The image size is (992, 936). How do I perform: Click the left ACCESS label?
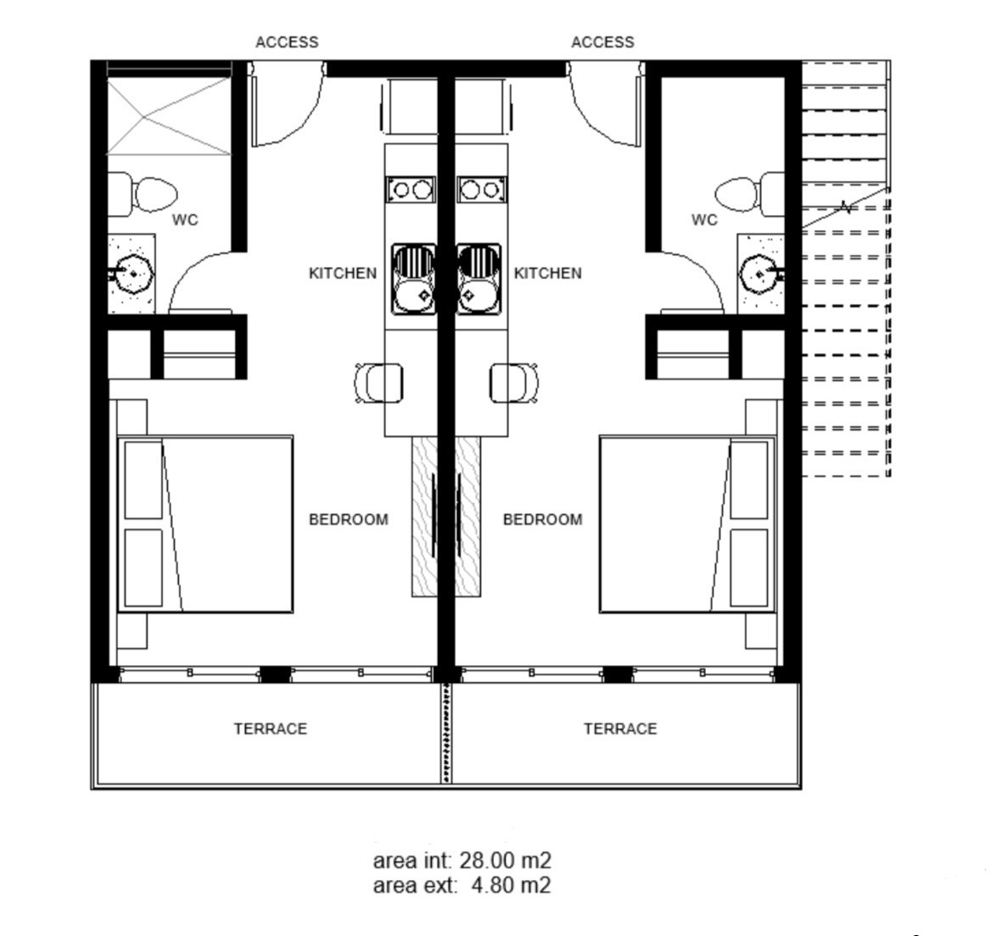(287, 42)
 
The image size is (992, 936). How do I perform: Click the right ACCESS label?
(602, 42)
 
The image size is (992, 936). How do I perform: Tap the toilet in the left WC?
(143, 194)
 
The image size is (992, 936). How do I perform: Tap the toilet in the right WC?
(749, 194)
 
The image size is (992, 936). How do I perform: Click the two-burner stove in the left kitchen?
(412, 189)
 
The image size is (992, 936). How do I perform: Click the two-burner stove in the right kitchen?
(481, 189)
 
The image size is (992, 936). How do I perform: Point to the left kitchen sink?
(414, 279)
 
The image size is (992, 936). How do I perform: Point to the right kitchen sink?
(479, 279)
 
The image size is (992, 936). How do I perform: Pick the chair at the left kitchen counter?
(379, 383)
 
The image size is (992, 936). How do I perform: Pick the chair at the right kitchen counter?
(514, 383)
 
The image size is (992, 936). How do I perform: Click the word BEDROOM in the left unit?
(349, 519)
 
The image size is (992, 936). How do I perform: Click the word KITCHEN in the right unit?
(548, 273)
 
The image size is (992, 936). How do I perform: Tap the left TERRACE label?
(270, 728)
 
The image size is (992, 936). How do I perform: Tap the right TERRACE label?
(620, 728)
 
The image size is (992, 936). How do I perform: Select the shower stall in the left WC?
(169, 116)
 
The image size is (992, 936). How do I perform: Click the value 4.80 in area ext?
(494, 885)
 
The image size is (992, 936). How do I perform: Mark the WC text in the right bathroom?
(704, 220)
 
